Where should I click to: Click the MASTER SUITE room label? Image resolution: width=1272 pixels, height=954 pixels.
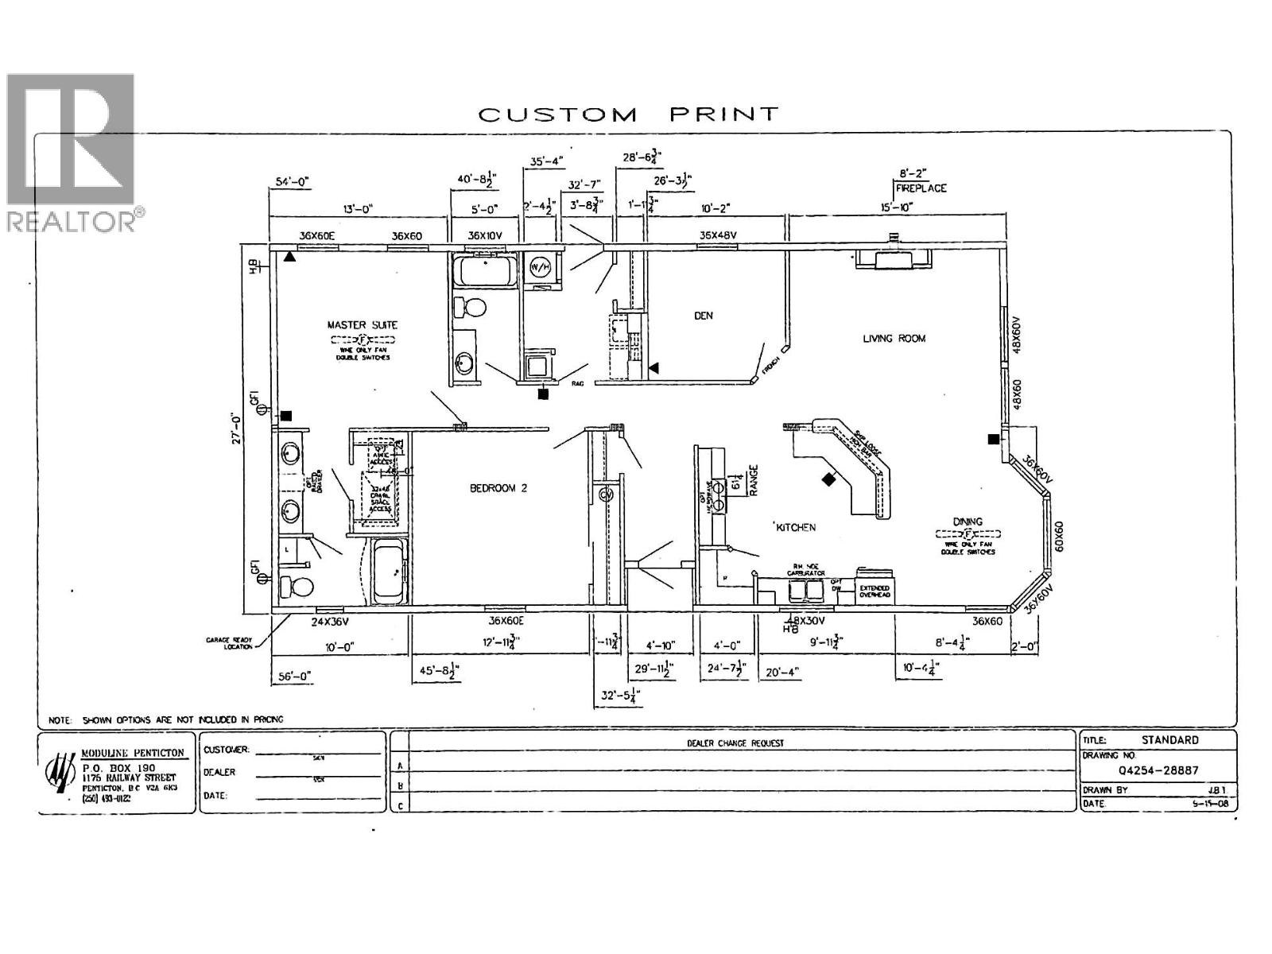coord(362,324)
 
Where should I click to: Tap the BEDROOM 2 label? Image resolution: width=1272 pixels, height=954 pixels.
coord(498,488)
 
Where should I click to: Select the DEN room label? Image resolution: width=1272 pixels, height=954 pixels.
coord(703,316)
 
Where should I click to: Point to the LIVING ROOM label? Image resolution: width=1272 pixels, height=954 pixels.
coord(894,339)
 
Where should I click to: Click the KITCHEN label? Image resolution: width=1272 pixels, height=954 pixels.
coord(796,527)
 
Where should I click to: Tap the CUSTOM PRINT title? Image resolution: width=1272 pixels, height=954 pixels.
coord(628,114)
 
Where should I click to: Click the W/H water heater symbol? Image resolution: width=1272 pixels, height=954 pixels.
coord(541,267)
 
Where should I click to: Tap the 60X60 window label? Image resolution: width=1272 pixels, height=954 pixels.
coord(1058,537)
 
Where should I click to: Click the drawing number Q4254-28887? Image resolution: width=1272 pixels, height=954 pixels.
coord(1158,770)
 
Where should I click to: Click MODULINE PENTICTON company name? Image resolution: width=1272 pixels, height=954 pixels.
coord(134,753)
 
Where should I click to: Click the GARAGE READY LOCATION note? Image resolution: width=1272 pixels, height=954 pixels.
coord(230,642)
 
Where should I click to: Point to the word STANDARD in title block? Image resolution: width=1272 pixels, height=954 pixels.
coord(1169,740)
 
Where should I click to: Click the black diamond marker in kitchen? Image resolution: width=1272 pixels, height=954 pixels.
coord(829,479)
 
